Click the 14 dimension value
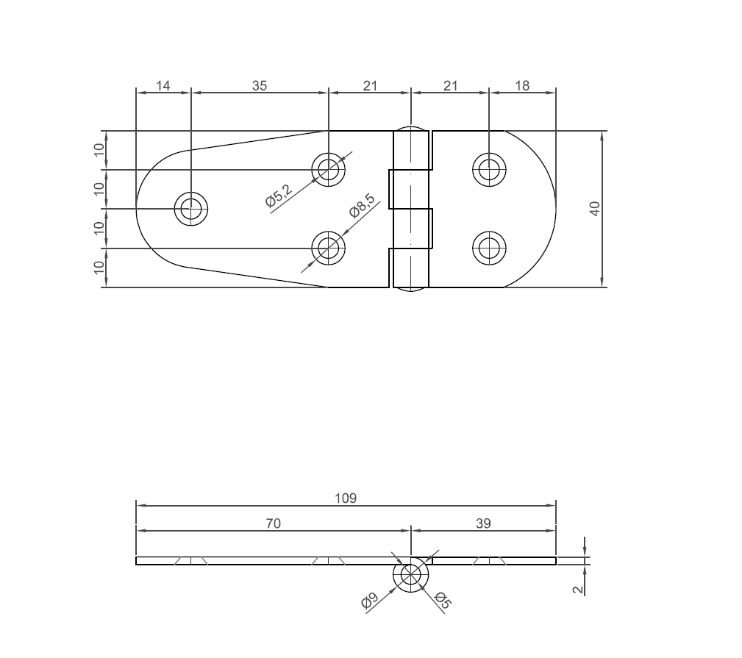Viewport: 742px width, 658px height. point(163,85)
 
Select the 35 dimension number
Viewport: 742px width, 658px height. point(260,85)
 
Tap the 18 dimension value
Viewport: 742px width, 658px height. point(522,85)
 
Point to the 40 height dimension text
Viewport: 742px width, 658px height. point(596,209)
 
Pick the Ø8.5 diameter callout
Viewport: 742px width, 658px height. point(362,206)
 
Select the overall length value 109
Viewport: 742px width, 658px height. point(346,498)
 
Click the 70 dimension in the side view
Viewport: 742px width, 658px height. point(273,523)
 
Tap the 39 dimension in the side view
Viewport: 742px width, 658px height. point(483,523)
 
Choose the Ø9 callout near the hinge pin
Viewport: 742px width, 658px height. point(369,601)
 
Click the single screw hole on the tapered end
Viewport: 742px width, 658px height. point(191,209)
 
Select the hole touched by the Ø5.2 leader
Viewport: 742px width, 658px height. point(329,170)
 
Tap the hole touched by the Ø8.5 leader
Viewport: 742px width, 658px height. point(329,248)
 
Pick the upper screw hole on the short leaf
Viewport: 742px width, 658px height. point(489,170)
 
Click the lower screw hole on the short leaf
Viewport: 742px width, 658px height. point(489,248)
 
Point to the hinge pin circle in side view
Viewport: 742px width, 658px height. point(410,575)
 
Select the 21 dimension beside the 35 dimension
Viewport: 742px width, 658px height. point(370,85)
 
